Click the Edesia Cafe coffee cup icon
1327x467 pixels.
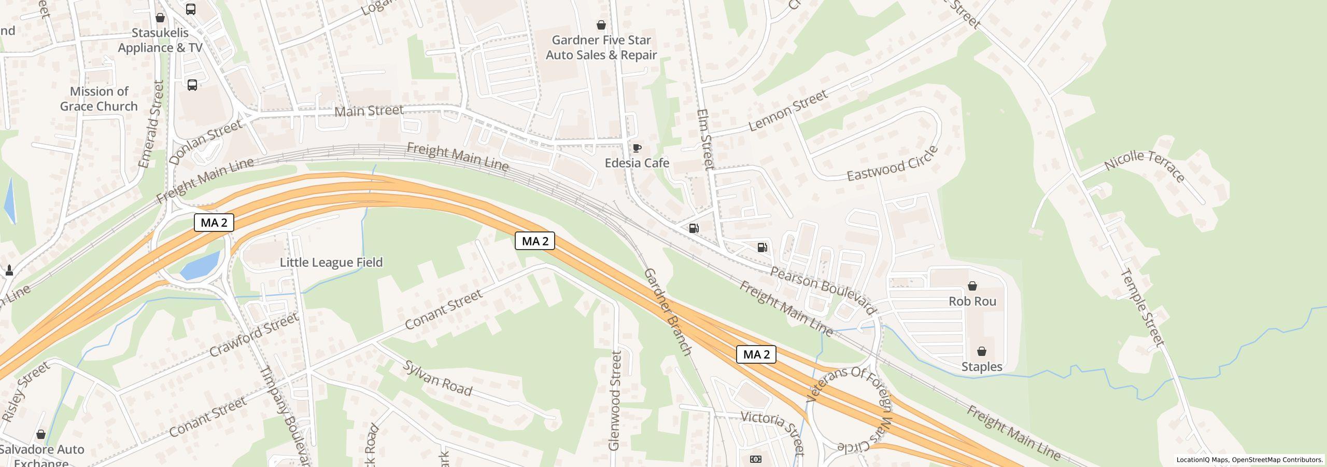637,148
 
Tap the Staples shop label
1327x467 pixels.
981,367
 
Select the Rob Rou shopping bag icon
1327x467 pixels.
972,286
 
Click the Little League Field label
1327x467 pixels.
331,263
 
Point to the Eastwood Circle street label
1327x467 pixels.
892,164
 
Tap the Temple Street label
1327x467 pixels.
1142,307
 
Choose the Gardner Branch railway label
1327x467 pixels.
667,312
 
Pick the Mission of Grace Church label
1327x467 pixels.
99,99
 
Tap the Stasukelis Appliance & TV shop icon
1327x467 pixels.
160,18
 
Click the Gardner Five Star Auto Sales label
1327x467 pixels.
601,48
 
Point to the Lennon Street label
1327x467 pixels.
788,111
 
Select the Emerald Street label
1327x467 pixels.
151,124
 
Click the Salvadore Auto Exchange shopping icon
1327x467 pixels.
41,434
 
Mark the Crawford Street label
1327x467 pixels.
253,335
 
